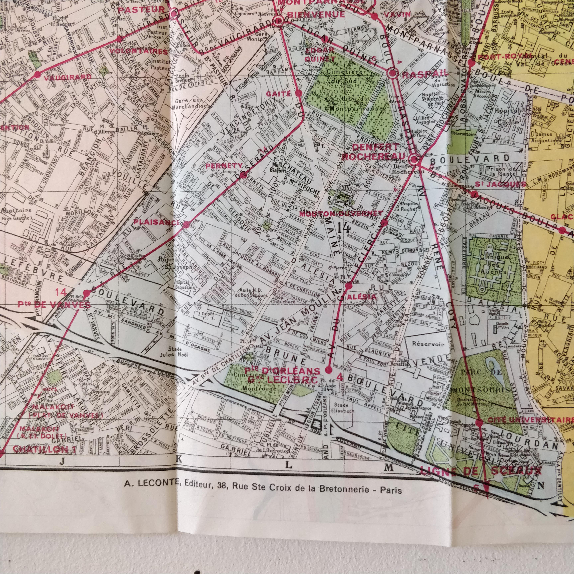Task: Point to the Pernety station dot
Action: coord(243,175)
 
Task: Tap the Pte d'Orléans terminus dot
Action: coord(328,370)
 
